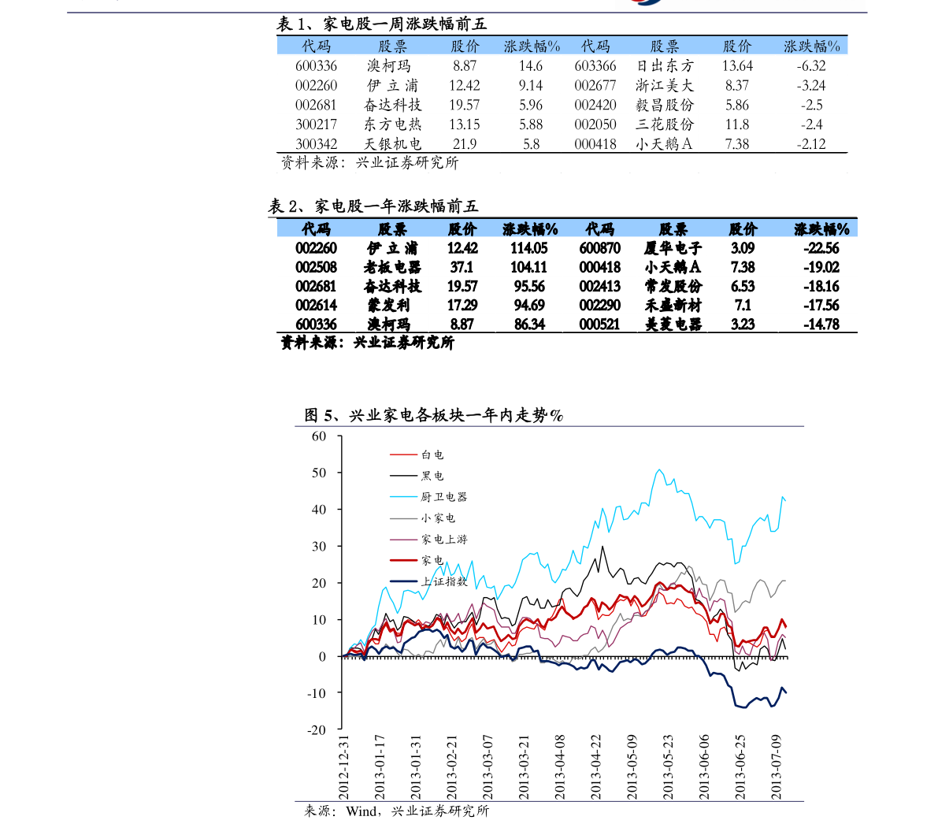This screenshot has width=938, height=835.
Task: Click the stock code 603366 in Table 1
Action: coord(595,66)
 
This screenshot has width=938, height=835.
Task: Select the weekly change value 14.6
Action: coord(531,66)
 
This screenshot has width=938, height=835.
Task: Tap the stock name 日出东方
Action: coord(665,66)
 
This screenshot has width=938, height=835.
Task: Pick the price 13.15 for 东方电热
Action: coord(464,124)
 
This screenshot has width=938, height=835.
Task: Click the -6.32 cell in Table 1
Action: coord(811,66)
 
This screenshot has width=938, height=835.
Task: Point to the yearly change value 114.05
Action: coord(528,248)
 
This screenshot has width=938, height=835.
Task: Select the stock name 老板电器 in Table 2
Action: coord(392,267)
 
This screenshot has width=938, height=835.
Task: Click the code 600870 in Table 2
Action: coord(600,248)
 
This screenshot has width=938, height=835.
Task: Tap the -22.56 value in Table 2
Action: coord(821,248)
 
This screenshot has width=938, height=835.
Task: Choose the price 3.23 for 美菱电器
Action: coord(743,325)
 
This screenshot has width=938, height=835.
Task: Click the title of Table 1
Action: coord(382,24)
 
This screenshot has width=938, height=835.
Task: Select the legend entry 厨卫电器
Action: coord(443,497)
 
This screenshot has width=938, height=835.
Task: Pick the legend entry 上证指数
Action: coord(443,581)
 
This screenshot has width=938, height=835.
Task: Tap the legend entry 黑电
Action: coord(432,476)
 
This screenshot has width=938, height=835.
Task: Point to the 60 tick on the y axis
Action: coord(319,436)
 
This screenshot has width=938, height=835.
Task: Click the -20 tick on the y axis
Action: coord(317,729)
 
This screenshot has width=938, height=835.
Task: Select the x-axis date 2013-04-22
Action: coord(595,767)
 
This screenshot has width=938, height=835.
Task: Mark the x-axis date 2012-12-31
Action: coord(343,767)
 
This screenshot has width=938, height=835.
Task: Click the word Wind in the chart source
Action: coord(362,811)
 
